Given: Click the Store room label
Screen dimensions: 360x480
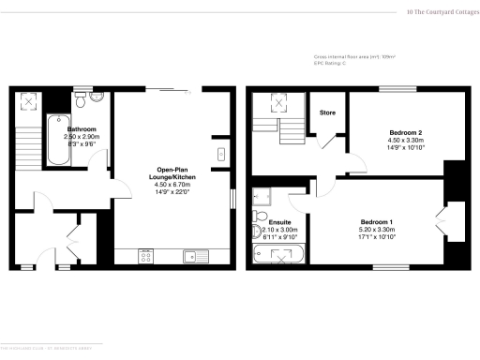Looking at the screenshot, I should point(327,112).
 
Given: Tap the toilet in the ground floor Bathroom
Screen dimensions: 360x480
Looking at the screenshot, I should point(80,97).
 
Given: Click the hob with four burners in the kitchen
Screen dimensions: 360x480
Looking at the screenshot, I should point(146,253).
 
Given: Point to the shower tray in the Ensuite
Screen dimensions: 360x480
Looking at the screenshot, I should point(262,197).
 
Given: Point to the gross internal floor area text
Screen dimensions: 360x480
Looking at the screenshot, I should point(355,57).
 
